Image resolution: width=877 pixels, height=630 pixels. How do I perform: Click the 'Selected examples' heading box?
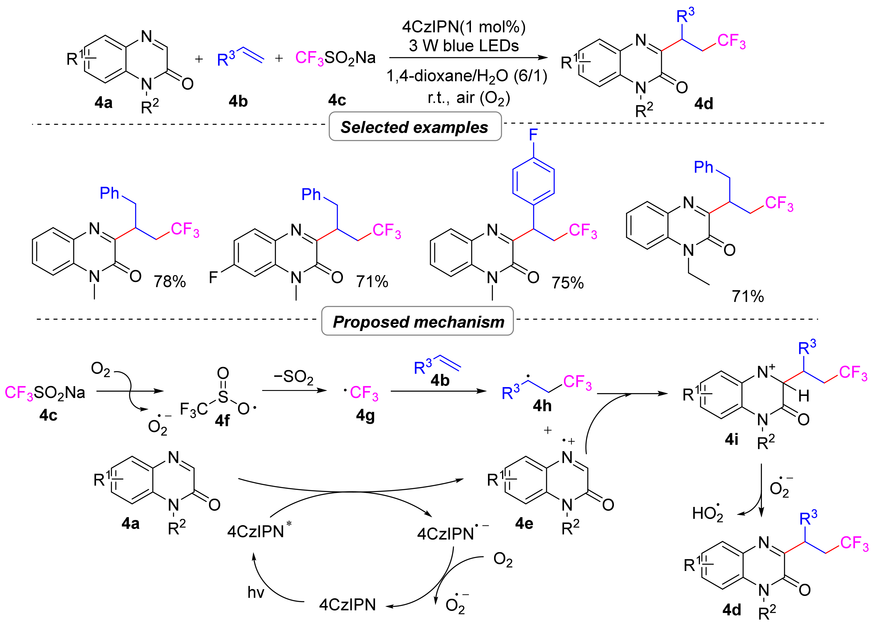(415, 127)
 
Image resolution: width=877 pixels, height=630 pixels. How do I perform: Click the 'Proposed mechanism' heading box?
(418, 321)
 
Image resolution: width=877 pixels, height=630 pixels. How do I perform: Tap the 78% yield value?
(170, 282)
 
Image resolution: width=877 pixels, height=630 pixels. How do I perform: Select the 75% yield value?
(567, 283)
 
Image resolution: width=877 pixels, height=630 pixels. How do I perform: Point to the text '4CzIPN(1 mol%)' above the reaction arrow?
(464, 27)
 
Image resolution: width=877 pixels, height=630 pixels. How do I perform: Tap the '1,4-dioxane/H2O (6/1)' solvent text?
(467, 76)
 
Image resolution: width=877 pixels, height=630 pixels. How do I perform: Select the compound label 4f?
(222, 420)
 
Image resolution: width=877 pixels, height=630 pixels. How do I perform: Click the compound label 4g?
(365, 415)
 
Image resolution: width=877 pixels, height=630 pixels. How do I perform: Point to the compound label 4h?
(542, 405)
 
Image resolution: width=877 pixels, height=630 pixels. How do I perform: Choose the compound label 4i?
(731, 439)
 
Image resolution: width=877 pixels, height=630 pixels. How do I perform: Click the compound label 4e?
(524, 523)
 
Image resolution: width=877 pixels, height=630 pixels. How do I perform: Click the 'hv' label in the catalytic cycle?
(256, 592)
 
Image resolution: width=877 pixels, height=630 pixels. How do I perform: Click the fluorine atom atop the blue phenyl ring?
(533, 135)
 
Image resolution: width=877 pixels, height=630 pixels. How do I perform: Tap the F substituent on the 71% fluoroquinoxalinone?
(213, 277)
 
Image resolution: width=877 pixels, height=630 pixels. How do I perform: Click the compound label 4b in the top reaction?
(238, 101)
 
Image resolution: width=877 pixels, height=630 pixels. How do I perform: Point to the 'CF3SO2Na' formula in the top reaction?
(335, 58)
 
